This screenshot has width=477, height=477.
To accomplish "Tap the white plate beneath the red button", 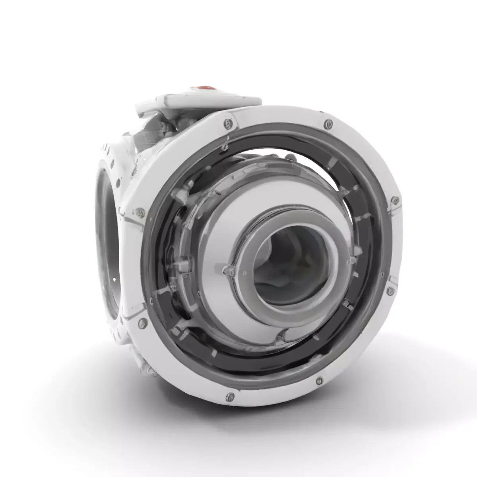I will [x=199, y=99].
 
